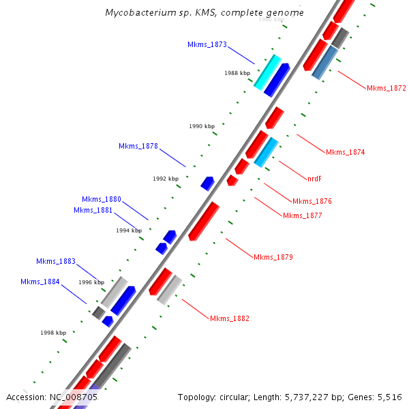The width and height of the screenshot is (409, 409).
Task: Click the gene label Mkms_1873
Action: pyautogui.click(x=207, y=44)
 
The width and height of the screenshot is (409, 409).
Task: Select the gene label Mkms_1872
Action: pyautogui.click(x=386, y=88)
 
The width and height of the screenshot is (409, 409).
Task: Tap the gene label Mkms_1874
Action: pyautogui.click(x=345, y=152)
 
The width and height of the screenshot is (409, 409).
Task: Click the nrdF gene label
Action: pyautogui.click(x=314, y=179)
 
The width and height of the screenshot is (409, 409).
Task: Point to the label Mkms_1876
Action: pyautogui.click(x=312, y=201)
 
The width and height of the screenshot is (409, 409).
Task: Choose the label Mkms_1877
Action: pyautogui.click(x=302, y=215)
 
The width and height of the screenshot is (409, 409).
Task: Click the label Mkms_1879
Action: pyautogui.click(x=273, y=257)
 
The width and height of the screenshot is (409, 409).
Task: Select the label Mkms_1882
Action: pyautogui.click(x=229, y=318)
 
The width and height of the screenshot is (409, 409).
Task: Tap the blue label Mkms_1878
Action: pyautogui.click(x=138, y=146)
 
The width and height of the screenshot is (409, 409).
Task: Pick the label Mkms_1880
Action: pyautogui.click(x=101, y=199)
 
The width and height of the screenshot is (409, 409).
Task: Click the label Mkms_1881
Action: pyautogui.click(x=93, y=210)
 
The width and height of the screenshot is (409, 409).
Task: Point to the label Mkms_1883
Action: pyautogui.click(x=56, y=261)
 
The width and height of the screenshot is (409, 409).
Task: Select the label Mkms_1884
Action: pyautogui.click(x=40, y=282)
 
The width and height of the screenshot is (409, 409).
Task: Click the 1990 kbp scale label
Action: pyautogui.click(x=202, y=126)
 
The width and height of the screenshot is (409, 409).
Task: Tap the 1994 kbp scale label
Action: pyautogui.click(x=129, y=230)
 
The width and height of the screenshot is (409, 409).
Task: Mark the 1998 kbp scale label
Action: pyautogui.click(x=52, y=333)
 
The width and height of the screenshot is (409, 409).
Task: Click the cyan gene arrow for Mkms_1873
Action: pyautogui.click(x=267, y=72)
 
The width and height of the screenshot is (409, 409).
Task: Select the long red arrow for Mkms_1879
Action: pyautogui.click(x=204, y=220)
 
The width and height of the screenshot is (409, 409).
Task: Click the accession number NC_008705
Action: pyautogui.click(x=74, y=397)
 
